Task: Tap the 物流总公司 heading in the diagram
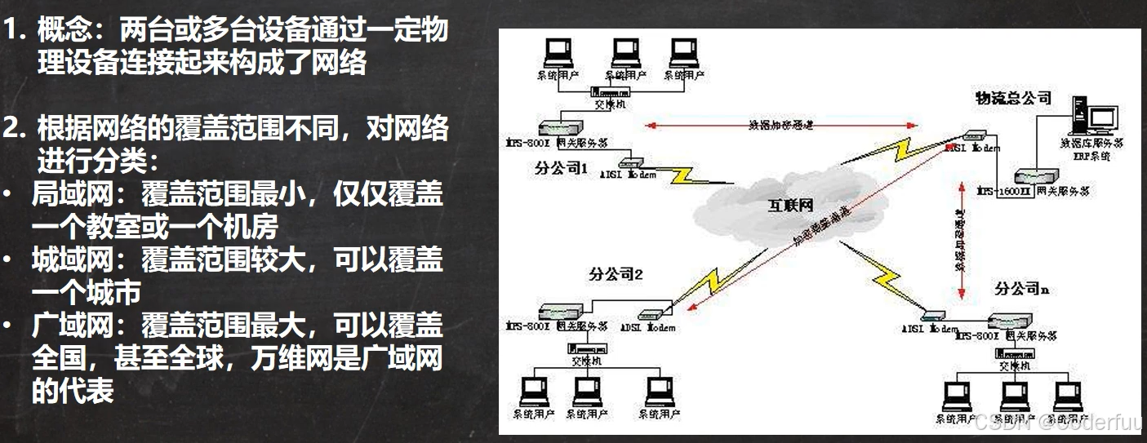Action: (x=1013, y=99)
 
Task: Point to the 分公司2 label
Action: (x=616, y=274)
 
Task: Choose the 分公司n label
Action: (x=1021, y=289)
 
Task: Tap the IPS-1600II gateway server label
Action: (x=1032, y=191)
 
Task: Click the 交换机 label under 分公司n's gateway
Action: (x=1011, y=367)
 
